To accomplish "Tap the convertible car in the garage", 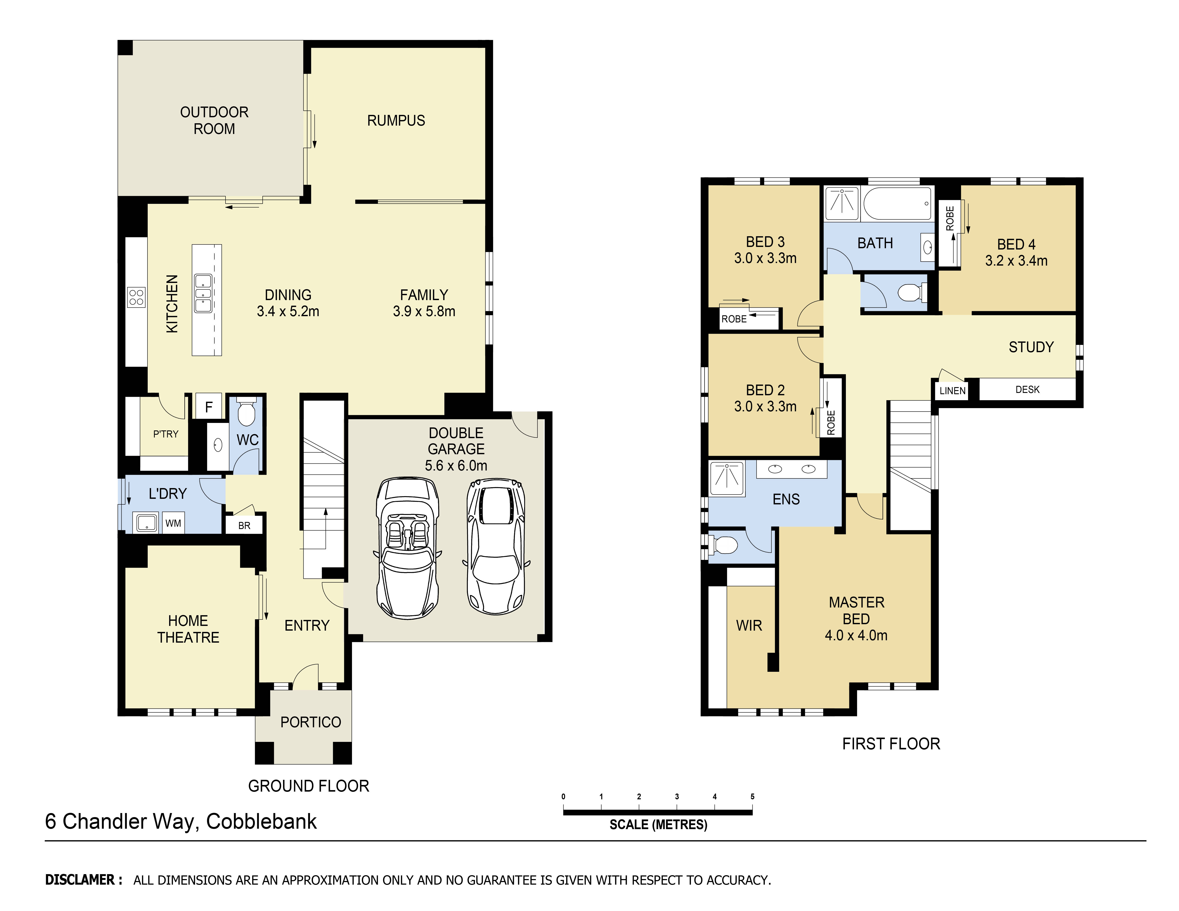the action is pyautogui.click(x=407, y=547).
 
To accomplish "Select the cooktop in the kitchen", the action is pyautogui.click(x=136, y=297).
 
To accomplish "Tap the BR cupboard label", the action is pyautogui.click(x=244, y=525).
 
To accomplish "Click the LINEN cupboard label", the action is pyautogui.click(x=952, y=391).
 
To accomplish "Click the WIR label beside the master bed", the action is pyautogui.click(x=749, y=625).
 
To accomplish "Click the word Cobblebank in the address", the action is pyautogui.click(x=261, y=821).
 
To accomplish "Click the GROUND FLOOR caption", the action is pyautogui.click(x=309, y=786).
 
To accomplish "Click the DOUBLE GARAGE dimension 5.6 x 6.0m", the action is pyautogui.click(x=456, y=465).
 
